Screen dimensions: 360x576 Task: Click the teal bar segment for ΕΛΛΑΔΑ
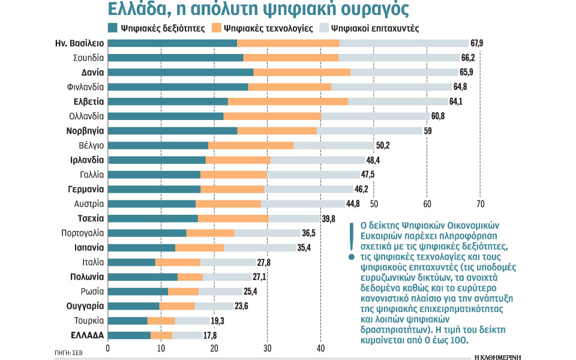pos(129,335)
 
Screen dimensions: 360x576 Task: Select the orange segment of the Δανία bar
pos(302,72)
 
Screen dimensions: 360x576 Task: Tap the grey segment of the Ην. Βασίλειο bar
pos(404,43)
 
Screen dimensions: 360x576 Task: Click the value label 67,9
pos(478,43)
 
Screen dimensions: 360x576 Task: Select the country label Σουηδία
pos(89,58)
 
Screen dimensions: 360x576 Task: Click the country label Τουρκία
pos(89,320)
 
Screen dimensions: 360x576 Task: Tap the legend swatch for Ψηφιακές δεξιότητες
pos(113,28)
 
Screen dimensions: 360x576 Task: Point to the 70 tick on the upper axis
pos(479,202)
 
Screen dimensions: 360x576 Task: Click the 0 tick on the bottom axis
pos(108,348)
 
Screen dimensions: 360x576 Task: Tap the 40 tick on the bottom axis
pos(320,348)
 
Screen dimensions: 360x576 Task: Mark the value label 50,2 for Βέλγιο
pos(383,145)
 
